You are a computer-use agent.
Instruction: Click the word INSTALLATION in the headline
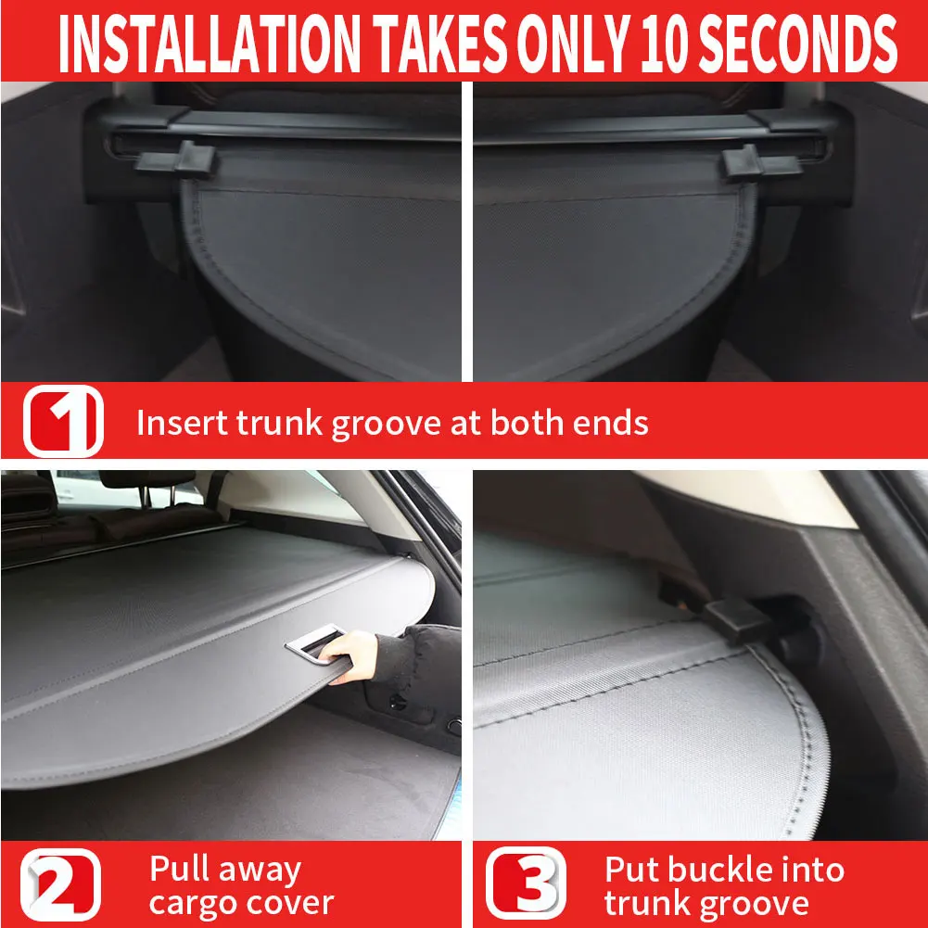[205, 42]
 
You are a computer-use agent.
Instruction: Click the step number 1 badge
[63, 422]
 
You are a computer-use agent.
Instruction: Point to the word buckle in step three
[718, 871]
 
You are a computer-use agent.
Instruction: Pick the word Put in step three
[633, 871]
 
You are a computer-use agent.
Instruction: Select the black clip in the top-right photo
[756, 161]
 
